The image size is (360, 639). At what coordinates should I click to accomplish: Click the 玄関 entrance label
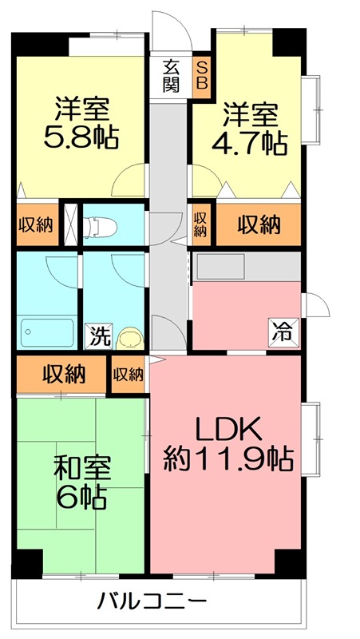pos(170,76)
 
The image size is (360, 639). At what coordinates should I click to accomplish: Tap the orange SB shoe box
pos(201,76)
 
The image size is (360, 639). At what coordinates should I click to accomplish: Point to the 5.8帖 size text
pos(81,138)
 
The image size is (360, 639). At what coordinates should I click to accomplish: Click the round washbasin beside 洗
pos(128,339)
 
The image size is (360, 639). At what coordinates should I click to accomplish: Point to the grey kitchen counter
pos(246,266)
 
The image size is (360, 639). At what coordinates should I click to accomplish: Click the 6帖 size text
pos(82,498)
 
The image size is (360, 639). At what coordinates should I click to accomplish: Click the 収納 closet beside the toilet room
pos(35,224)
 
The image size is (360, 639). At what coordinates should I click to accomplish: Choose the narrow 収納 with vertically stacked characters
pos(200,224)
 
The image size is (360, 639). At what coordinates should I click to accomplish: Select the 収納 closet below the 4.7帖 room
pos(259,224)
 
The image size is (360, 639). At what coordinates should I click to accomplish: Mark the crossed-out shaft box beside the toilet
pos(70,224)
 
